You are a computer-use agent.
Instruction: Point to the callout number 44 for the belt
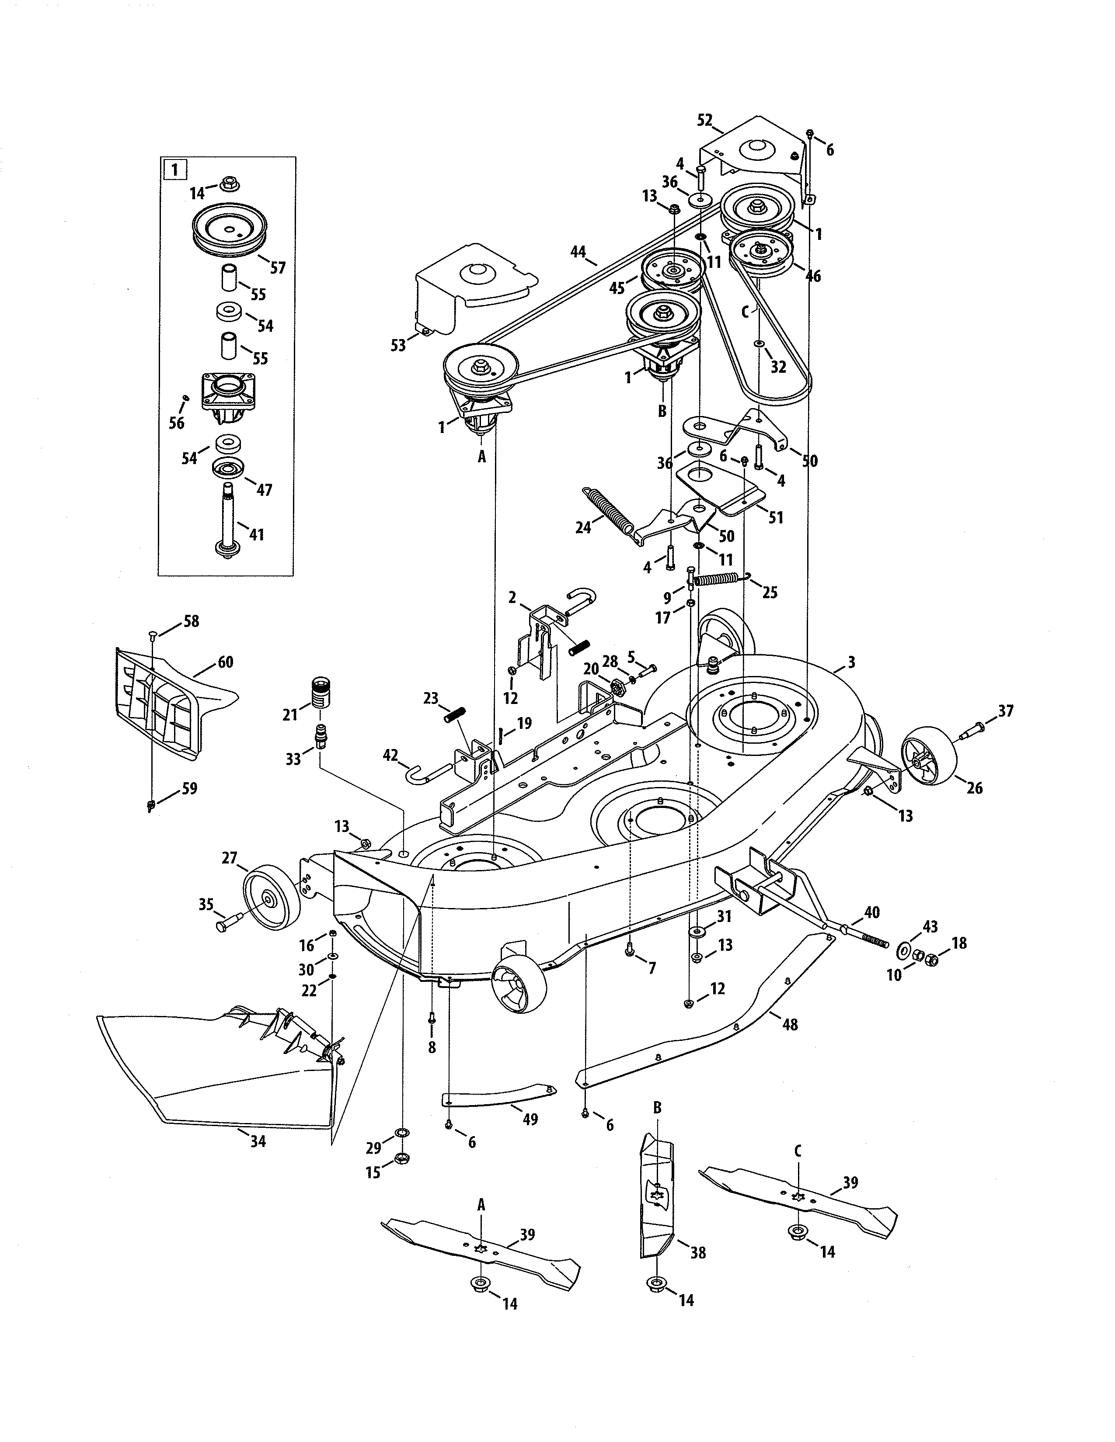(x=578, y=251)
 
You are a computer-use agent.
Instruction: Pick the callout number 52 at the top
(x=705, y=120)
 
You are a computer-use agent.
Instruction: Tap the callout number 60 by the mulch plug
(x=225, y=662)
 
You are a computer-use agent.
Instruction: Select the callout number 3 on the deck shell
(x=851, y=662)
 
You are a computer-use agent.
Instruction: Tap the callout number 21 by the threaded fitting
(x=290, y=714)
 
